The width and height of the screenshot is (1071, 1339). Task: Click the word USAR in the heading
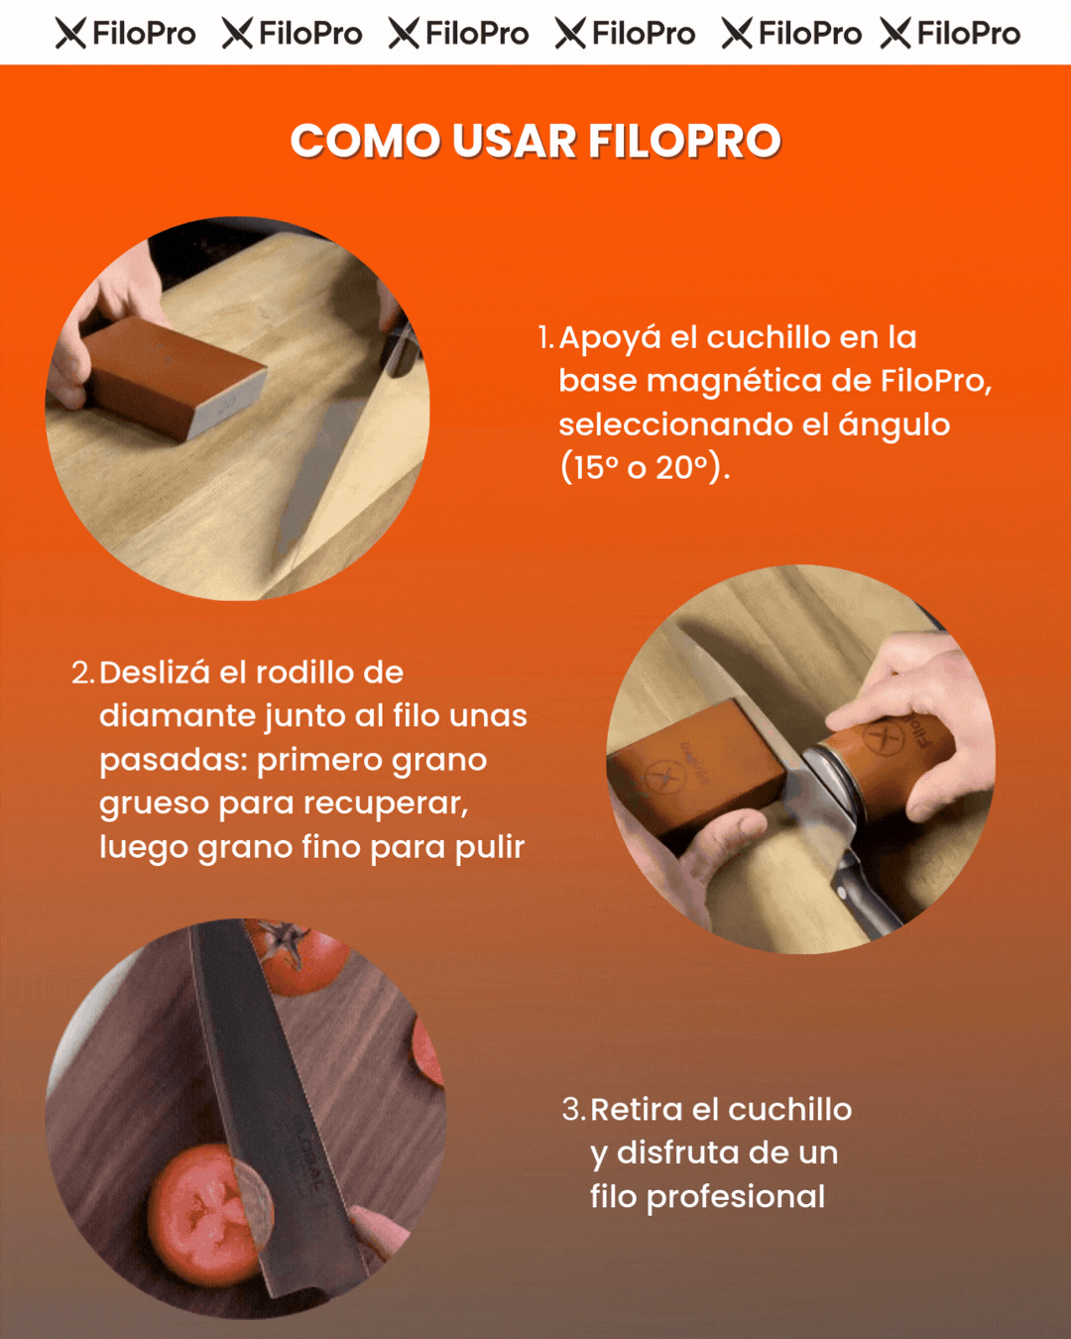[x=514, y=141]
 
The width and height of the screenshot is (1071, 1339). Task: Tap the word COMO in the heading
[x=365, y=141]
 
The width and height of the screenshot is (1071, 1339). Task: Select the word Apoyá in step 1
[x=609, y=339]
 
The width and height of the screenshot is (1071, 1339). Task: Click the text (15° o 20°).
[x=645, y=467]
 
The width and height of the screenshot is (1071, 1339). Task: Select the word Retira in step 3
[x=636, y=1110]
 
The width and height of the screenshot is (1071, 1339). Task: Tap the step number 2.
[x=82, y=673]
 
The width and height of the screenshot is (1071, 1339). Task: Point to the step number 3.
[x=573, y=1110]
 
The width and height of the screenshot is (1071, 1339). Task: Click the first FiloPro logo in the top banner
[x=125, y=34]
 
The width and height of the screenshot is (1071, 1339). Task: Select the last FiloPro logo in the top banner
[x=950, y=34]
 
